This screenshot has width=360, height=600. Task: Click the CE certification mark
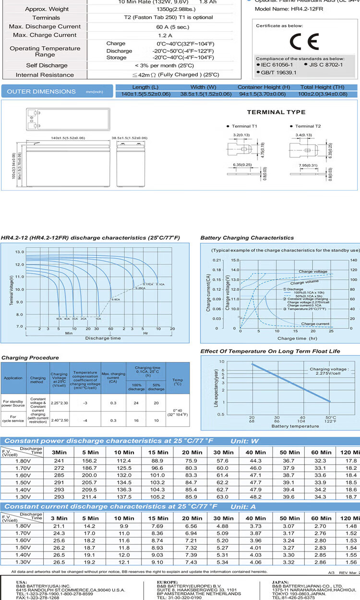307,42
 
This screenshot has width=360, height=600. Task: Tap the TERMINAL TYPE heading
276,112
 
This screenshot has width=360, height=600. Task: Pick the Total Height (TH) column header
323,87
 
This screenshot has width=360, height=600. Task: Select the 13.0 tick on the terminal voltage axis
19,252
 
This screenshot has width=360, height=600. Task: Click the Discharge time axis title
103,338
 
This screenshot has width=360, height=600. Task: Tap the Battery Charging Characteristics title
247,238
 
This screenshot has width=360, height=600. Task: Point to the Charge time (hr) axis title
287,338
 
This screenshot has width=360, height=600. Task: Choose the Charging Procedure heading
30,358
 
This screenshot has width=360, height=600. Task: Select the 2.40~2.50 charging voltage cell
59,420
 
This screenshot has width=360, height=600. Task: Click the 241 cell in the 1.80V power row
59,461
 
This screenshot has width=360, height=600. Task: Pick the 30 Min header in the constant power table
224,452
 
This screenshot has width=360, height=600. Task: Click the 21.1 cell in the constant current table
59,526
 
